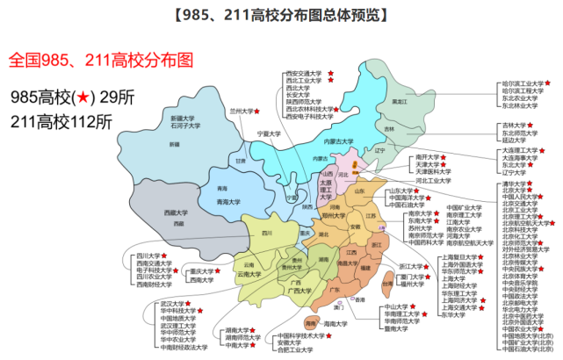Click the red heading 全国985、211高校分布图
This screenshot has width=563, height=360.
pyautogui.click(x=100, y=61)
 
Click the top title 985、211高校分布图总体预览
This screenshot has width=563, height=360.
pyautogui.click(x=281, y=15)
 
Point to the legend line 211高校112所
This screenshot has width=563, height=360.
pyautogui.click(x=61, y=120)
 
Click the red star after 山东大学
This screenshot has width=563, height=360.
pyautogui.click(x=418, y=191)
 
